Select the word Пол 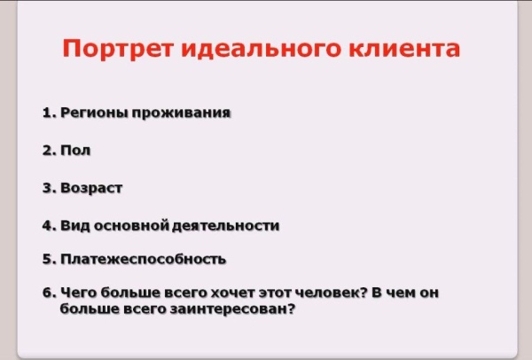click(75, 151)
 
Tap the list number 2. click(47, 151)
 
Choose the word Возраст click(91, 188)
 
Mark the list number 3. click(47, 188)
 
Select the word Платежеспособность click(144, 260)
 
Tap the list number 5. click(47, 260)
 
